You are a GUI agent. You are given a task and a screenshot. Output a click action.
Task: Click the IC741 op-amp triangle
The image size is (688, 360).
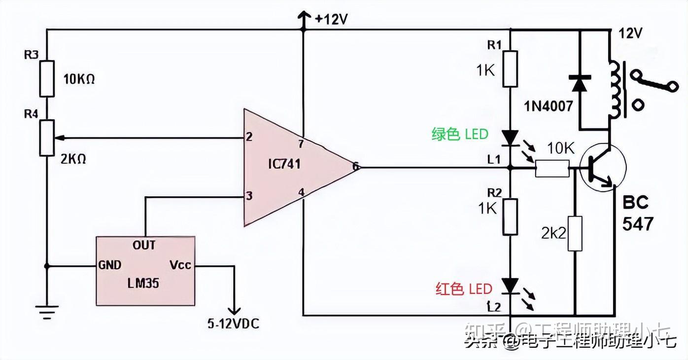pyautogui.click(x=291, y=168)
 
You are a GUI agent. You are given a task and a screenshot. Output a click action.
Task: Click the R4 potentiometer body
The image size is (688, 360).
pyautogui.click(x=47, y=138)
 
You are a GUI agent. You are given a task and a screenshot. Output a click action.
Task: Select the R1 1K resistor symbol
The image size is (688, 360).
pyautogui.click(x=510, y=68)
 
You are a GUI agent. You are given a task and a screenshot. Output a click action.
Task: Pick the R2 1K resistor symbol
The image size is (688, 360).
pyautogui.click(x=510, y=217)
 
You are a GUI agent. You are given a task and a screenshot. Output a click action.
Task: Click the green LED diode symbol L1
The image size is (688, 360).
pyautogui.click(x=510, y=137)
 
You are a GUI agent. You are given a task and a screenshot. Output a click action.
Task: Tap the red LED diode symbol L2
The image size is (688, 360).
pyautogui.click(x=510, y=286)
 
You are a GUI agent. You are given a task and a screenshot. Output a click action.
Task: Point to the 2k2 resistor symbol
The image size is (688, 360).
pyautogui.click(x=575, y=233)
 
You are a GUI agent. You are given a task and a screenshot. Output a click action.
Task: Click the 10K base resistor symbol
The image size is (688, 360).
pyautogui.click(x=551, y=169)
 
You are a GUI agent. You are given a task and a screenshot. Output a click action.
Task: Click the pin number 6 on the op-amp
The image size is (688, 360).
pyautogui.click(x=355, y=167)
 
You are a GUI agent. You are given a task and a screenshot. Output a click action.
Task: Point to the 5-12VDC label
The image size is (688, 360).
pyautogui.click(x=233, y=324)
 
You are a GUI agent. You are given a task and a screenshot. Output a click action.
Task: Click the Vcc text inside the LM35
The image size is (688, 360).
pyautogui.click(x=180, y=265)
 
